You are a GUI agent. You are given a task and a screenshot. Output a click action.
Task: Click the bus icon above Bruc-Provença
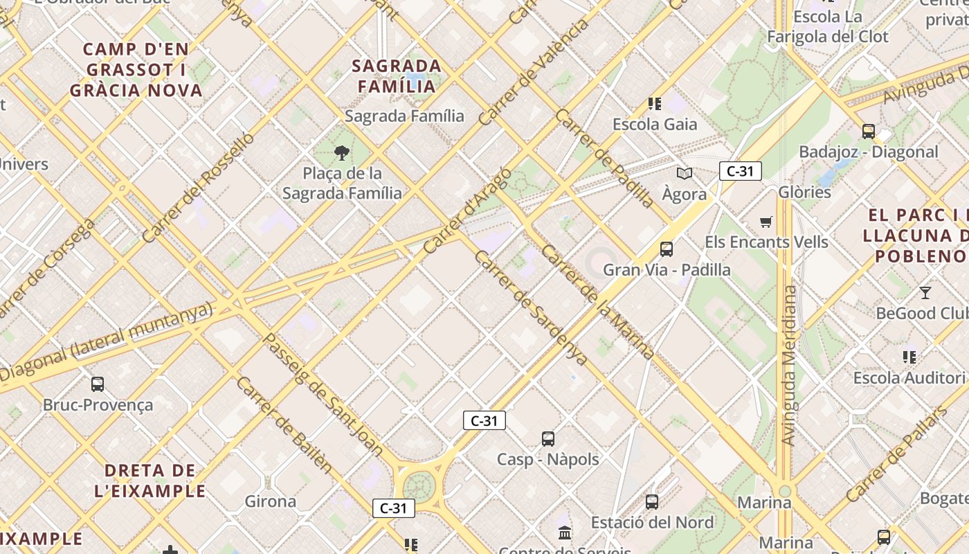[98, 384]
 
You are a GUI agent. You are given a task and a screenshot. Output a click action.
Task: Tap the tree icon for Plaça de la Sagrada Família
[341, 153]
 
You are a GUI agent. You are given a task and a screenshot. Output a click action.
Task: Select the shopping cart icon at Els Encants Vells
[766, 222]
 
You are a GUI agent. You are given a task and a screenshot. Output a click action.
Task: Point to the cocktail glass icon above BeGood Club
[925, 292]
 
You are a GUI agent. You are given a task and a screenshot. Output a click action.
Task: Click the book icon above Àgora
[685, 173]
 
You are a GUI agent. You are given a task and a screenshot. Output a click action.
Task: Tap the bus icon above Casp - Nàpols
[548, 438]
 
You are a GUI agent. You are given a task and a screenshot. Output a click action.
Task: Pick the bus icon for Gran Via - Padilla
[667, 249]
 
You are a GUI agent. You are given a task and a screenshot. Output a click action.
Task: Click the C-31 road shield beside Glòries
[740, 171]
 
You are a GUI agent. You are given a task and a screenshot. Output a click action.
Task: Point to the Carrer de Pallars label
[896, 454]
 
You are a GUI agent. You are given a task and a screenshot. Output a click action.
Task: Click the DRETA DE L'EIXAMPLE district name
[150, 481]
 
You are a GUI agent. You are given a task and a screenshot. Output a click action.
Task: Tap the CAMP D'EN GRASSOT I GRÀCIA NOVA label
[136, 70]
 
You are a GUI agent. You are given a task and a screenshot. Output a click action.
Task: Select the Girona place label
[271, 501]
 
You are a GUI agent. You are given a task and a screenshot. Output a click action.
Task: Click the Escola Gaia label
[655, 125]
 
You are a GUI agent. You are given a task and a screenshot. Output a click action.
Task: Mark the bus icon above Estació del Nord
[651, 501]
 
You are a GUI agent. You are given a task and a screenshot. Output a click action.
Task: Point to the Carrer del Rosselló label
[198, 188]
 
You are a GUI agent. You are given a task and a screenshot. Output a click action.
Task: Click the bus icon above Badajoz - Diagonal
[868, 131]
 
